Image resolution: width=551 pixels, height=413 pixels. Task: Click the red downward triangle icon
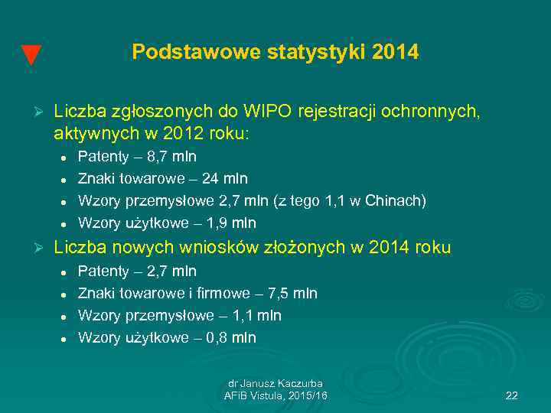[x=30, y=56]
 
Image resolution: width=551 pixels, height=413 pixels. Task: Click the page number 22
[x=512, y=395]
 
